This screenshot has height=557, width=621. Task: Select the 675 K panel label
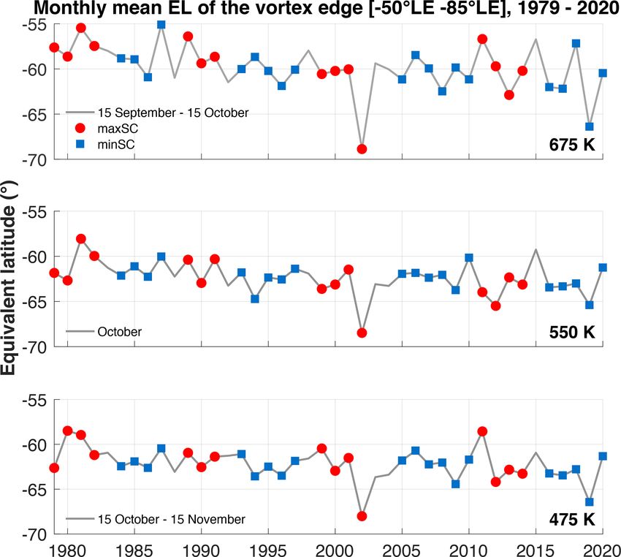point(573,145)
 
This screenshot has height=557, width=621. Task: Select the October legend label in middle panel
point(119,331)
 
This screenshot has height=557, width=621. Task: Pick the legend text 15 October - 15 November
point(171,519)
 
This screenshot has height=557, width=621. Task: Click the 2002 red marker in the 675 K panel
point(362,149)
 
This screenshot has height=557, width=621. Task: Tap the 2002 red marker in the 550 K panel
point(362,333)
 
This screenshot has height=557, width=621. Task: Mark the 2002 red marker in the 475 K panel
point(362,516)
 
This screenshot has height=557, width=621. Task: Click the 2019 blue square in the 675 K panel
point(590,126)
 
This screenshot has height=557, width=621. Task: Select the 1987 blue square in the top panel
point(161,24)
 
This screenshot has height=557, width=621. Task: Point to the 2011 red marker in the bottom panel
point(482,431)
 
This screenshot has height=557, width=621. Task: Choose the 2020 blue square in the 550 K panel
point(603,268)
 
